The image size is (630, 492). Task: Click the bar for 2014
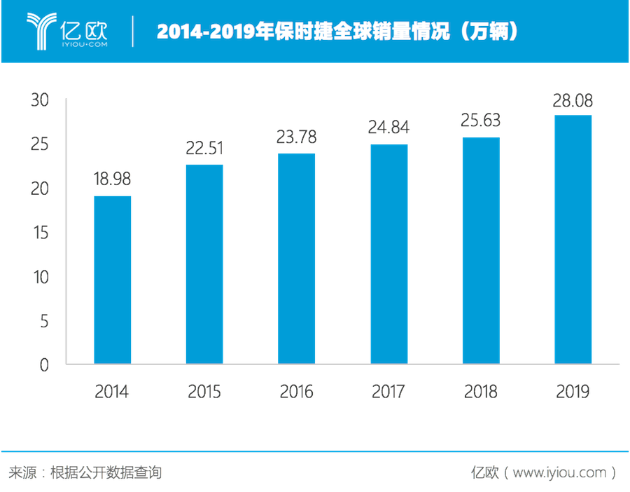(113, 279)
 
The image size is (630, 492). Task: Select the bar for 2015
(204, 264)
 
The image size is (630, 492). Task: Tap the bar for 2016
(297, 258)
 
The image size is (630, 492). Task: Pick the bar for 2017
(389, 253)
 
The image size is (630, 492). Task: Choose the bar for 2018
(481, 250)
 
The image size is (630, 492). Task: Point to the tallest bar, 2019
(573, 239)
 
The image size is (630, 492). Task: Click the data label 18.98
(113, 179)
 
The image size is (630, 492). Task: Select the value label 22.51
(204, 149)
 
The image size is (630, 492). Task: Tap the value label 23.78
(297, 137)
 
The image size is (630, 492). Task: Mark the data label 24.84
(389, 128)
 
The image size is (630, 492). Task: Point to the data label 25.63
(481, 121)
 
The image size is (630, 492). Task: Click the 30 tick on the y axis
(40, 100)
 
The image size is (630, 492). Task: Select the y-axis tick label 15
(40, 233)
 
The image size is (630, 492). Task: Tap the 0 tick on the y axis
(44, 365)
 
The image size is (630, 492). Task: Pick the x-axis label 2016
(297, 391)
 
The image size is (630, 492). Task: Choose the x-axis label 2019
(573, 391)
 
